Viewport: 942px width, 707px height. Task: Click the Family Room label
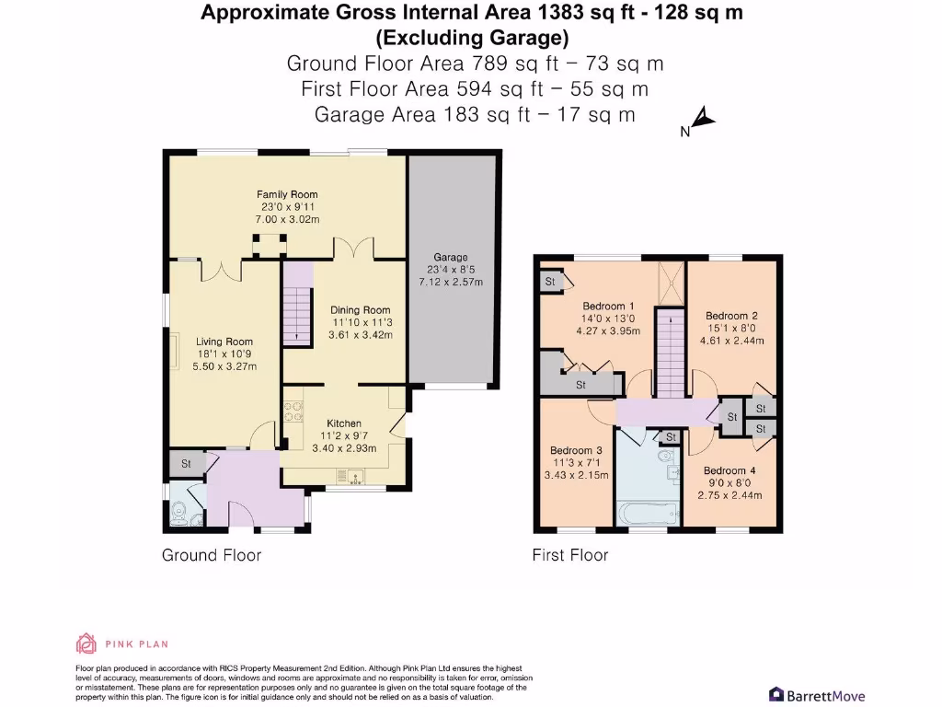pyautogui.click(x=287, y=194)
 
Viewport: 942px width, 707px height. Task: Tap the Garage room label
pyautogui.click(x=451, y=257)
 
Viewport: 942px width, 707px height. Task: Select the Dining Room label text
pyautogui.click(x=361, y=310)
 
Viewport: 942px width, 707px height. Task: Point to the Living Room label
pyautogui.click(x=224, y=342)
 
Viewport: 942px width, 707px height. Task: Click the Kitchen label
pyautogui.click(x=344, y=423)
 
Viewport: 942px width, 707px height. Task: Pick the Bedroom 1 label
pyautogui.click(x=608, y=306)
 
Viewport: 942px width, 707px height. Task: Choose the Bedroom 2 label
pyautogui.click(x=731, y=316)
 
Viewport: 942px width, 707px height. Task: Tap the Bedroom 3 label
pyautogui.click(x=576, y=450)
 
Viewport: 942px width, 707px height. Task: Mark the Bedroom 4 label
pyautogui.click(x=729, y=470)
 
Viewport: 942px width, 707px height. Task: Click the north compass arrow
pyautogui.click(x=704, y=118)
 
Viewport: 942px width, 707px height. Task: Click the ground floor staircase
pyautogui.click(x=298, y=304)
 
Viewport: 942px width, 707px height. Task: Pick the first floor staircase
pyautogui.click(x=670, y=353)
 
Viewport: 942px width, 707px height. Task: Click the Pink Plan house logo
pyautogui.click(x=86, y=643)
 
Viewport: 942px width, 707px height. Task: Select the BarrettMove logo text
pyautogui.click(x=825, y=696)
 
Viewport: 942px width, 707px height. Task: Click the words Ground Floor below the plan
pyautogui.click(x=212, y=555)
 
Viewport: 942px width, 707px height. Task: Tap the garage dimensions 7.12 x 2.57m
pyautogui.click(x=451, y=282)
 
